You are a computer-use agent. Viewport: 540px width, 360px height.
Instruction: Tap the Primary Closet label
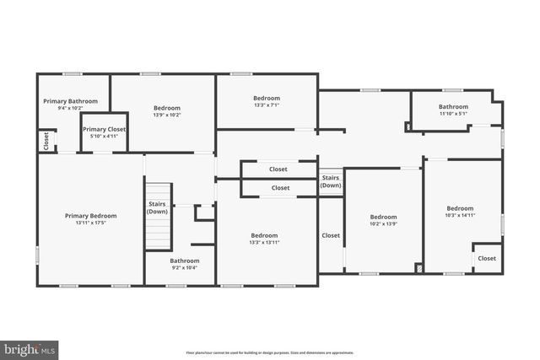point(105,129)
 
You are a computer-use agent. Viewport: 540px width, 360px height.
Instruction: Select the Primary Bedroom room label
point(90,216)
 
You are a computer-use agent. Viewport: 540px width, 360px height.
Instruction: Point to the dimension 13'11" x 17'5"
point(90,223)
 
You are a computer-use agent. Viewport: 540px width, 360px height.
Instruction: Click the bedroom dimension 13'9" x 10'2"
point(166,116)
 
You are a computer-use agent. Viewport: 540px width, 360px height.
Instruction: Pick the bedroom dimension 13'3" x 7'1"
point(266,105)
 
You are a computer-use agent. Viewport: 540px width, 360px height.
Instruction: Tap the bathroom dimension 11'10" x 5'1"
point(453,114)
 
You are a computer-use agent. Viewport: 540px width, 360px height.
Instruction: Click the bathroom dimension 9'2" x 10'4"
point(184,268)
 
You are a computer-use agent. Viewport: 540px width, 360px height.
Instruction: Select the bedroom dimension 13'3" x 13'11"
point(264,243)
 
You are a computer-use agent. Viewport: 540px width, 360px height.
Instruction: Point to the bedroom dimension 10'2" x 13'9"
point(383,223)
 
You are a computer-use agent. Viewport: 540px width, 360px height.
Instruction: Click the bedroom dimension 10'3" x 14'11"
point(460,216)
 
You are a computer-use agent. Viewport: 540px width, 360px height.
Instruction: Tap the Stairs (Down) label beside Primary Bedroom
point(157,207)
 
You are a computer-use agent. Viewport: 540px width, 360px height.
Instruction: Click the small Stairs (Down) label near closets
point(331,182)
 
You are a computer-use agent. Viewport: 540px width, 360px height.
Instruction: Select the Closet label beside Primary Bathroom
point(45,141)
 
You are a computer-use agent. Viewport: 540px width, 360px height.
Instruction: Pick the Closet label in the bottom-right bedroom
point(487,258)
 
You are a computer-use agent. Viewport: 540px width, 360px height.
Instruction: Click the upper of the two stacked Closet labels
point(278,169)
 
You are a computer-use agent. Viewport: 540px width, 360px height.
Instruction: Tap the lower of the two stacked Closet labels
point(280,188)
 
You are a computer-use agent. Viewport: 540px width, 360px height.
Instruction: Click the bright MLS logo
point(30,347)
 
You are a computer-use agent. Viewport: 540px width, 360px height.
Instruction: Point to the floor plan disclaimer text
point(269,352)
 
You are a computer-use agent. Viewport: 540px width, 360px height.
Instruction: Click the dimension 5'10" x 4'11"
point(105,137)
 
